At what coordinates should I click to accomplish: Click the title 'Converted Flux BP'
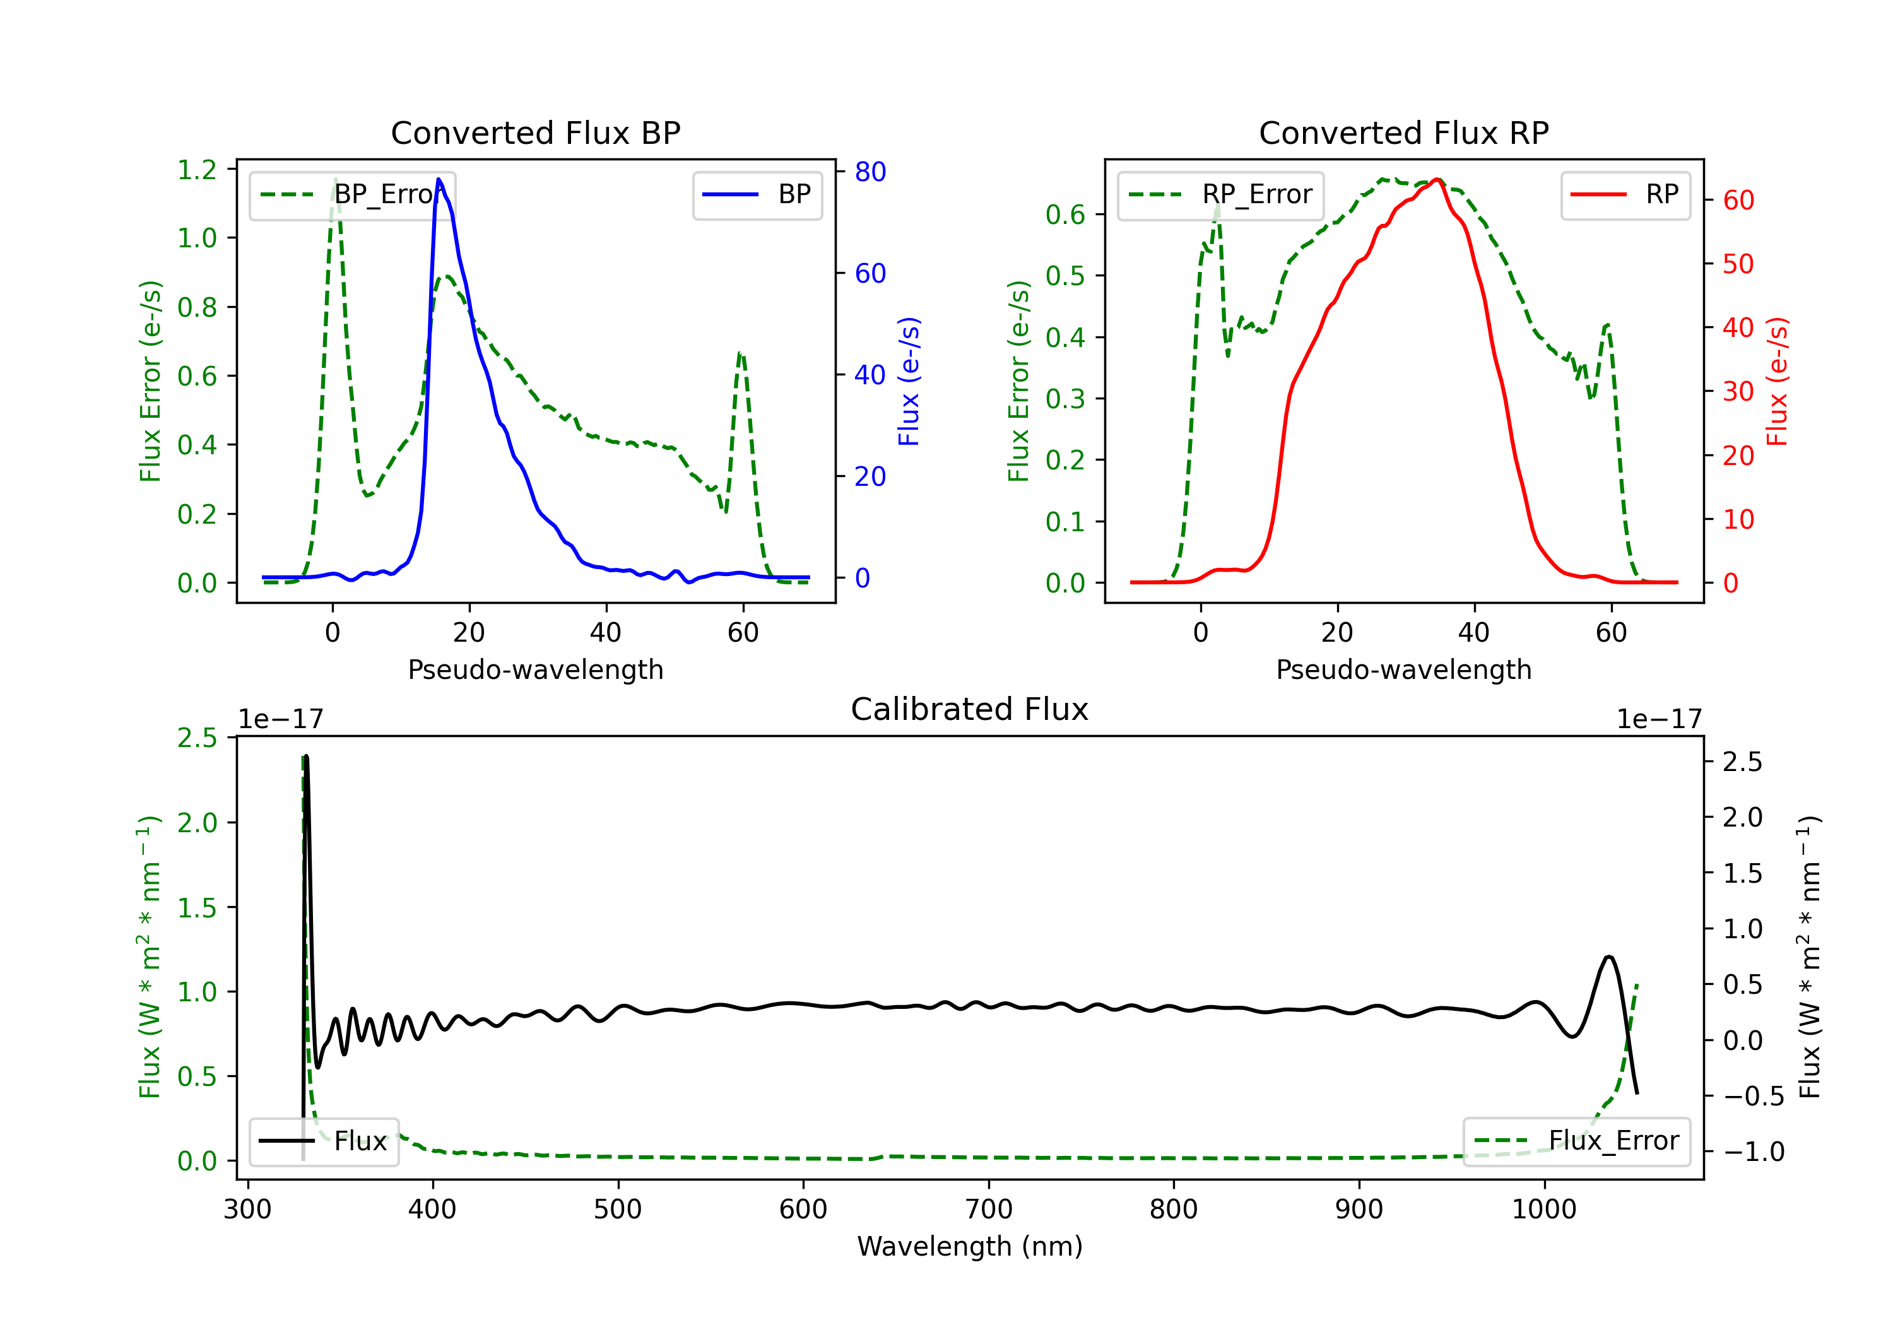click(x=535, y=132)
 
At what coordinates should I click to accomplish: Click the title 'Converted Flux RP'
click(x=1403, y=132)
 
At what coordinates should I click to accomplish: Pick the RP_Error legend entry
click(x=1221, y=194)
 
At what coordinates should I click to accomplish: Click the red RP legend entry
click(x=1625, y=194)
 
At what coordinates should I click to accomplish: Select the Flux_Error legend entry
click(x=1576, y=1141)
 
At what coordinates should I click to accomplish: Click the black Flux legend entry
click(x=324, y=1141)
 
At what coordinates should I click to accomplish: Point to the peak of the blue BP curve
click(x=439, y=179)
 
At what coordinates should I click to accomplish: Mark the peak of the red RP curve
click(x=1436, y=179)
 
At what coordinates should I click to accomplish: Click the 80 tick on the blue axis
click(x=870, y=172)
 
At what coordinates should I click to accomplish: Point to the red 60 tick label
click(x=1738, y=201)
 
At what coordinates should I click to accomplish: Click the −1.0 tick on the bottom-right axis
click(x=1753, y=1152)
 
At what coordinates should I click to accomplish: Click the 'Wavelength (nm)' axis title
click(x=970, y=1246)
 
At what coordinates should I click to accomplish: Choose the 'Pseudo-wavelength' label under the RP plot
click(x=1403, y=669)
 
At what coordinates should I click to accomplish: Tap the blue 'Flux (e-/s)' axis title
click(x=909, y=381)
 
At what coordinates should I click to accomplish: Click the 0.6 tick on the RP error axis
click(x=1064, y=215)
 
